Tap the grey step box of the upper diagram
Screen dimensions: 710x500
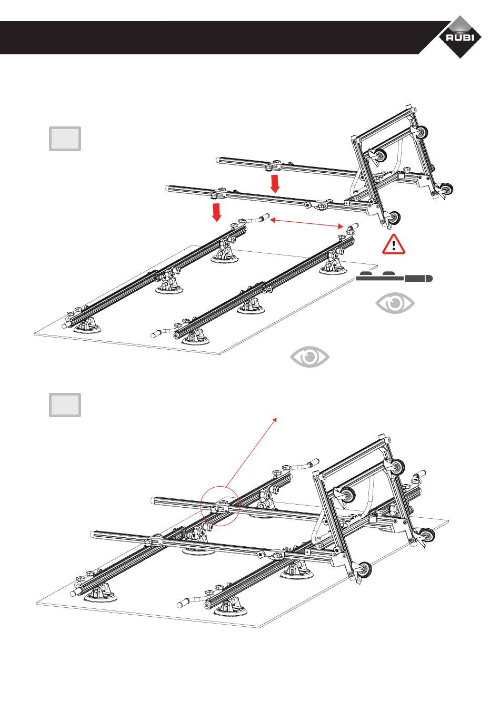click(65, 139)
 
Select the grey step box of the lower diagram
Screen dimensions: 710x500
click(65, 405)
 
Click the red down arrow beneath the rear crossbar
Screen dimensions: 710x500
click(275, 184)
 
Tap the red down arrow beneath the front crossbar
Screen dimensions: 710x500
click(216, 212)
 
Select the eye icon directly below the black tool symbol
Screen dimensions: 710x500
click(395, 304)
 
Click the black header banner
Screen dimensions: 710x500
click(211, 38)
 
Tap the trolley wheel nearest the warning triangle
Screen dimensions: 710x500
click(393, 217)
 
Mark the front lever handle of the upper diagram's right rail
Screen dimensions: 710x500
click(157, 333)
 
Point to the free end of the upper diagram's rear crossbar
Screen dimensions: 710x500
click(218, 159)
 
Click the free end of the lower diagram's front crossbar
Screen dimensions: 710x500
click(94, 534)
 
